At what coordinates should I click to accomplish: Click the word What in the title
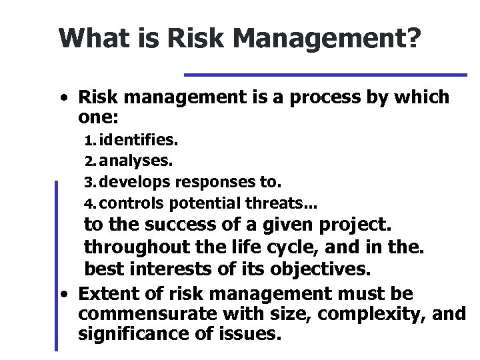[89, 39]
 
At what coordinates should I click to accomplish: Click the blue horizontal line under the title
[325, 74]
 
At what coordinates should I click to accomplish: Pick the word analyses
[137, 161]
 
